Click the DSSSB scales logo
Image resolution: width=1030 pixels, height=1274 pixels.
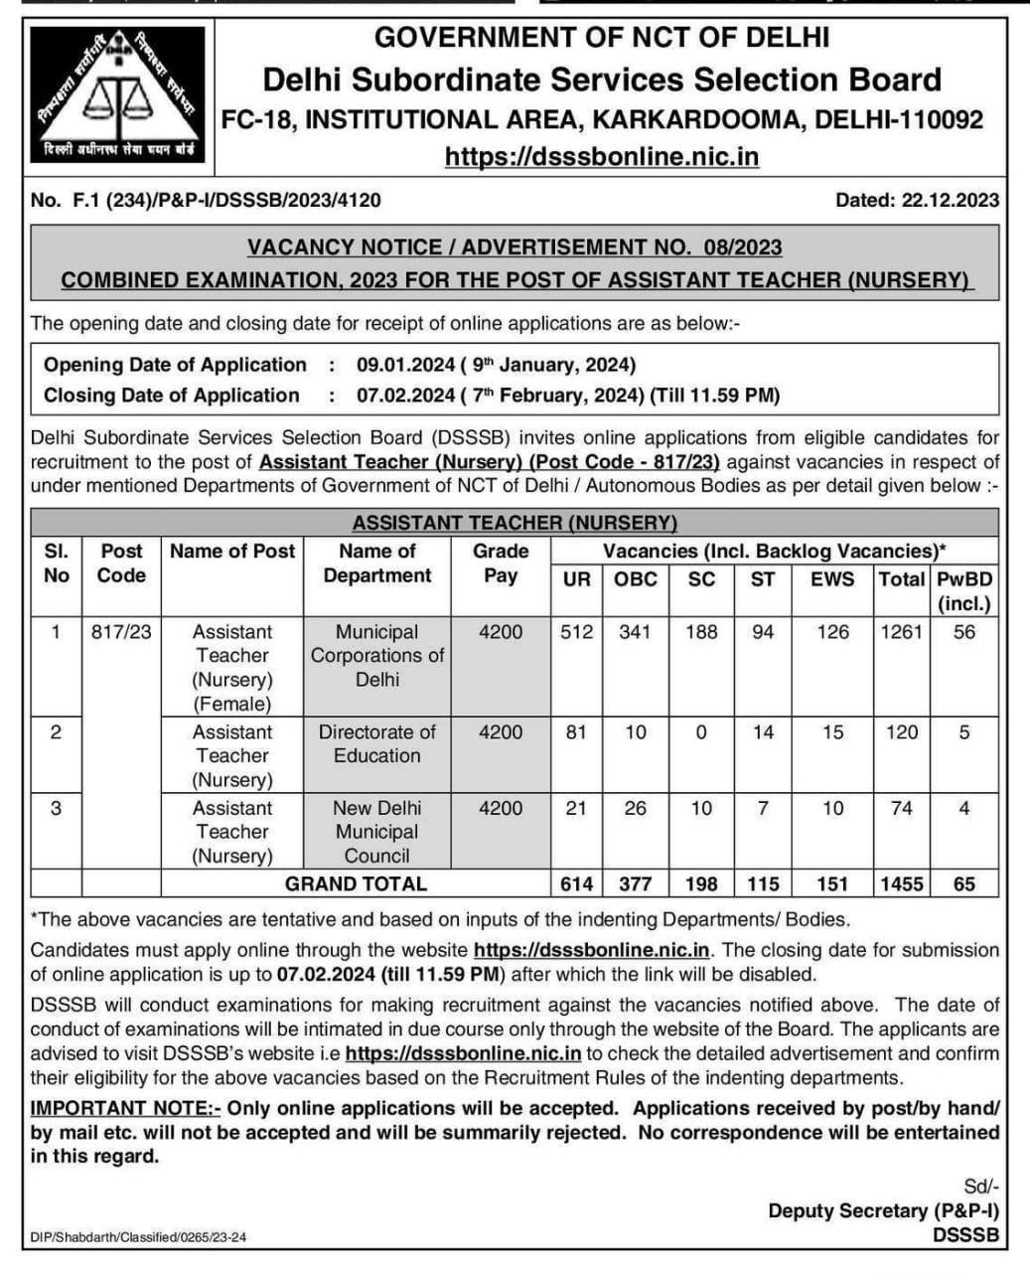click(x=117, y=94)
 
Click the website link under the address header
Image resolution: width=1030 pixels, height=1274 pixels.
click(x=602, y=157)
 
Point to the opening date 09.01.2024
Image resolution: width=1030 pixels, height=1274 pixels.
click(x=405, y=365)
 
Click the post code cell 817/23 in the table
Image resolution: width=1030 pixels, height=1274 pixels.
click(x=121, y=632)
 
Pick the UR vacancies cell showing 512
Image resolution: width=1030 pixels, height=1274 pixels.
click(x=576, y=632)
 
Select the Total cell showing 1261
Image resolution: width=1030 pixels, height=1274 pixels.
click(x=902, y=632)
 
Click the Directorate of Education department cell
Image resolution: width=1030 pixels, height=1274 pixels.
click(x=377, y=743)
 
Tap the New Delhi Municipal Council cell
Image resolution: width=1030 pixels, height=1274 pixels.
click(x=377, y=832)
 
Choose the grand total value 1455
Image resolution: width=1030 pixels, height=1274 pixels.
click(x=902, y=883)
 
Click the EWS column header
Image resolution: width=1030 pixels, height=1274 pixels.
click(x=832, y=579)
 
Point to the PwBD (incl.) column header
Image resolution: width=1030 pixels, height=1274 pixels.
click(x=964, y=591)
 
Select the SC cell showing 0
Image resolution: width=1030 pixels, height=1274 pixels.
click(x=701, y=732)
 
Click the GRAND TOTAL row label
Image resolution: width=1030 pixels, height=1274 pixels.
click(x=356, y=883)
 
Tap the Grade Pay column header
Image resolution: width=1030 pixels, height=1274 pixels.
click(x=501, y=563)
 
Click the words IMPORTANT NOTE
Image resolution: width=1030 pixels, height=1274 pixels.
click(x=125, y=1108)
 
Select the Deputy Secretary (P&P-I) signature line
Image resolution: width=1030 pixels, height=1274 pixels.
click(x=883, y=1210)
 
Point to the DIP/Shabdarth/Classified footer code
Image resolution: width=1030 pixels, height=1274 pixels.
click(x=138, y=1237)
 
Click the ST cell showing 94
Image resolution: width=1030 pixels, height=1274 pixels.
click(x=763, y=632)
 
